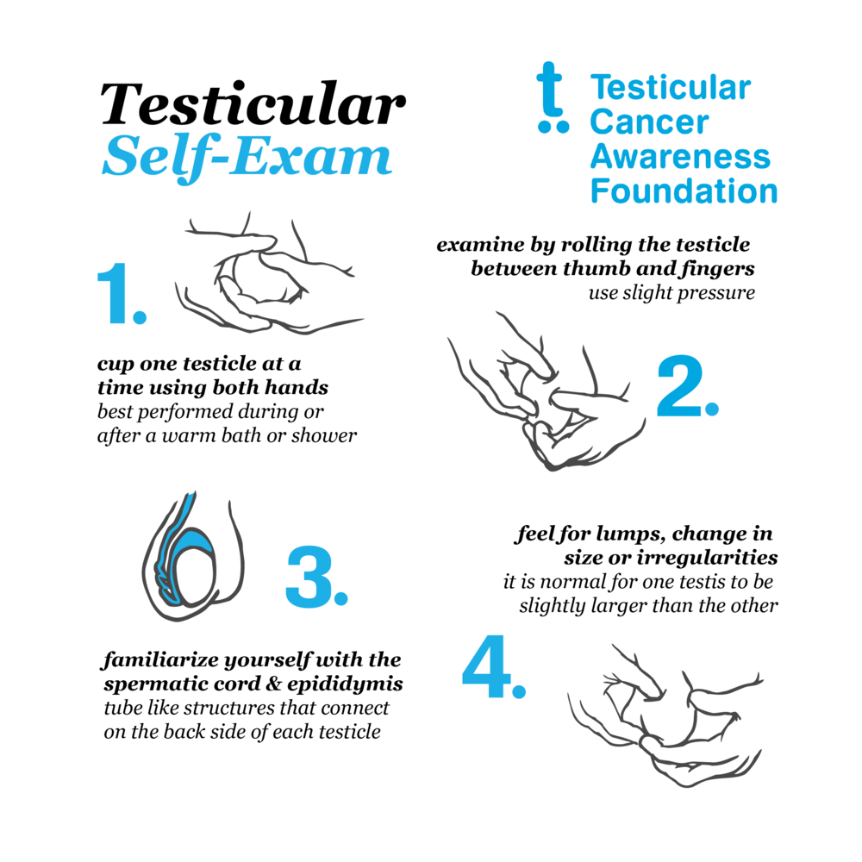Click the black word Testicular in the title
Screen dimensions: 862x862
253,104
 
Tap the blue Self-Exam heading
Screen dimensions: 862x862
247,157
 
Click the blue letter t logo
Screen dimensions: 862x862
553,97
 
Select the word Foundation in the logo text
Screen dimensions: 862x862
684,191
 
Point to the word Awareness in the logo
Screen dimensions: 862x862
681,156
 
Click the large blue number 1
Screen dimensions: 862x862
122,294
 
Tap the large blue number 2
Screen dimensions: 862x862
688,385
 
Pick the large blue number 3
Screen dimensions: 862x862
316,577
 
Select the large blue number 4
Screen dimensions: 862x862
494,666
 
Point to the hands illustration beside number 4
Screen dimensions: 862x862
666,715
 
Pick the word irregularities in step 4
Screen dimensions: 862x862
707,558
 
